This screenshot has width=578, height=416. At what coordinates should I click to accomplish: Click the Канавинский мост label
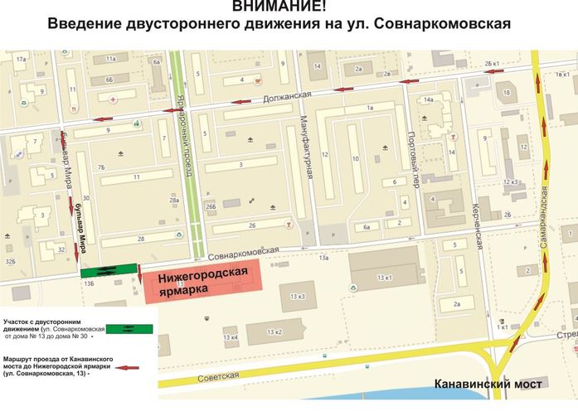pos(488,385)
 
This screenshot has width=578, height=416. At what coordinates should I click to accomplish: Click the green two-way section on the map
pos(109,268)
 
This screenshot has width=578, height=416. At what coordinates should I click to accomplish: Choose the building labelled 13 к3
pos(298,297)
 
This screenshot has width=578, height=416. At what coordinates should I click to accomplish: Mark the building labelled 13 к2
pos(273,332)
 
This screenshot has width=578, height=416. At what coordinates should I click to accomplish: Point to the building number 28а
pos(173,201)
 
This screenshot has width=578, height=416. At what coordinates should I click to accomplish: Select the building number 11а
pos(111,60)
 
